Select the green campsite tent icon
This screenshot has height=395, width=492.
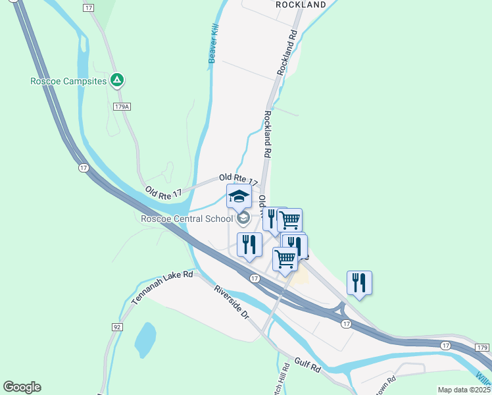pos(117,80)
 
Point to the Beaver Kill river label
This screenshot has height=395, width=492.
pos(212,44)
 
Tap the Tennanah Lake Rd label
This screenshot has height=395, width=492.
pos(162,288)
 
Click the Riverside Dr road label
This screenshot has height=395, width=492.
pos(232,303)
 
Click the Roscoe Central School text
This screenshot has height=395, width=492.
pos(187,219)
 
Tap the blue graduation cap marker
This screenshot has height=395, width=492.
pos(239,196)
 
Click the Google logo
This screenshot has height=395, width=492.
pos(22,387)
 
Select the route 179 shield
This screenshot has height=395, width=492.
pos(483,347)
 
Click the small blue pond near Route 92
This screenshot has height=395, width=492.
pos(145,339)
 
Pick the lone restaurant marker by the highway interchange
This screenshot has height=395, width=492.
pos(359,283)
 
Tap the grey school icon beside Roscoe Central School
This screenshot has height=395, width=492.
pos(243,219)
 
